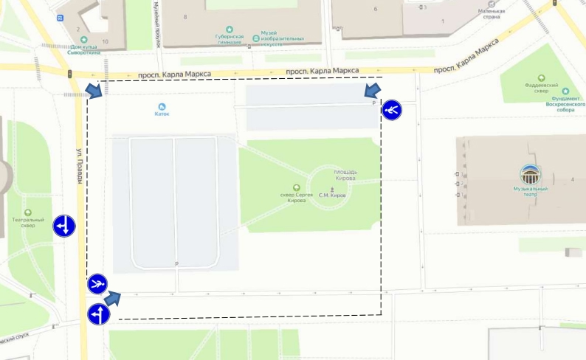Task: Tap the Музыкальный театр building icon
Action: (x=531, y=175)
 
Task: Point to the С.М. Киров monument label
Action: (x=332, y=195)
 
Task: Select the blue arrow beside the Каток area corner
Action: (x=94, y=90)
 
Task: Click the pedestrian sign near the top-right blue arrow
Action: (x=392, y=111)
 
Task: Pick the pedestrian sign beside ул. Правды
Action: (x=97, y=283)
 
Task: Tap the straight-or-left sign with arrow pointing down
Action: (x=64, y=226)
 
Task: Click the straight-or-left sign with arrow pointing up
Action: (x=98, y=315)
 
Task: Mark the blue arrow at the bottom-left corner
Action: (x=112, y=298)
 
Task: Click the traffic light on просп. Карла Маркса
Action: (x=69, y=74)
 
